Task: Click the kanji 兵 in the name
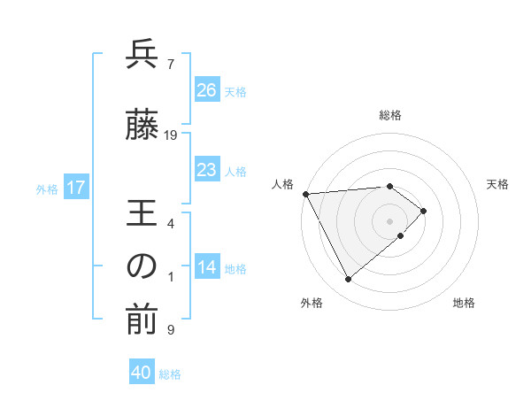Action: coord(142,56)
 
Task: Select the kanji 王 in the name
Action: coord(142,214)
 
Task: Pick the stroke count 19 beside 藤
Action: coord(171,135)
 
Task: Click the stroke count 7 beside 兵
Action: coord(170,65)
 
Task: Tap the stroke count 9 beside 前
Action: coord(170,330)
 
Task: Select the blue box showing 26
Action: coord(206,89)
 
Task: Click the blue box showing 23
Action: coord(206,169)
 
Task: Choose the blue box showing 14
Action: coord(206,267)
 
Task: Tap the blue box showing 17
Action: coord(75,188)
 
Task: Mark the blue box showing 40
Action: coord(142,373)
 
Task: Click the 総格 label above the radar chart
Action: coord(390,115)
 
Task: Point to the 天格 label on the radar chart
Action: coord(498,184)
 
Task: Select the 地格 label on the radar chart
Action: coord(464,303)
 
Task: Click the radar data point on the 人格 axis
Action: coord(305,194)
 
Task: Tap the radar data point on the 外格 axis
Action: coord(348,280)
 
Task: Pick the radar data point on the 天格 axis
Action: coord(424,211)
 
